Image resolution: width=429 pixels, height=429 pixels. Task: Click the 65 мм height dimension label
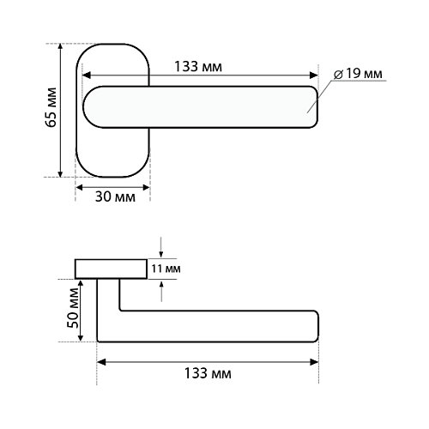pyautogui.click(x=51, y=107)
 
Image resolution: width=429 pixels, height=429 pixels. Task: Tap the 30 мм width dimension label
pyautogui.click(x=115, y=197)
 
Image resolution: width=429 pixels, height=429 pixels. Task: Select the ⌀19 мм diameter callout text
pyautogui.click(x=358, y=74)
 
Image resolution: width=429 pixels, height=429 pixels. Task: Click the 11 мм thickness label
pyautogui.click(x=166, y=269)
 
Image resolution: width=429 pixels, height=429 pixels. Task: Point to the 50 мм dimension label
pyautogui.click(x=73, y=308)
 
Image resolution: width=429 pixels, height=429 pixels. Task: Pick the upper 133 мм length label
pyautogui.click(x=198, y=67)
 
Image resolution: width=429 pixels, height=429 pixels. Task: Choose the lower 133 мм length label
pyautogui.click(x=208, y=373)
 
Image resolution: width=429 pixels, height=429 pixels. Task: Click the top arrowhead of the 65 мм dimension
pyautogui.click(x=60, y=47)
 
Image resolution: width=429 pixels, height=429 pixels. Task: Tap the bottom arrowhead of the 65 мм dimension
pyautogui.click(x=60, y=173)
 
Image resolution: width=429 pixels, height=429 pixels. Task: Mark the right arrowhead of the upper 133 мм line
pyautogui.click(x=314, y=76)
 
